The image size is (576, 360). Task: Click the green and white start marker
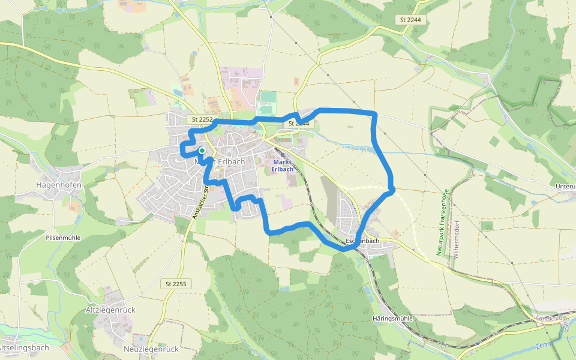(x=202, y=151)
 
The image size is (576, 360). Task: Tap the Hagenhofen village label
(x=59, y=185)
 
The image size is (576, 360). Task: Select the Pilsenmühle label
(x=63, y=238)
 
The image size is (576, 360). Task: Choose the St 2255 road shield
(x=176, y=283)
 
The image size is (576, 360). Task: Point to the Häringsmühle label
(x=392, y=319)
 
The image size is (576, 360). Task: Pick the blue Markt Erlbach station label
(x=283, y=166)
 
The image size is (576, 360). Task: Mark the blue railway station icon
(x=282, y=154)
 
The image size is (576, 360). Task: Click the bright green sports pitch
(x=268, y=97)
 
